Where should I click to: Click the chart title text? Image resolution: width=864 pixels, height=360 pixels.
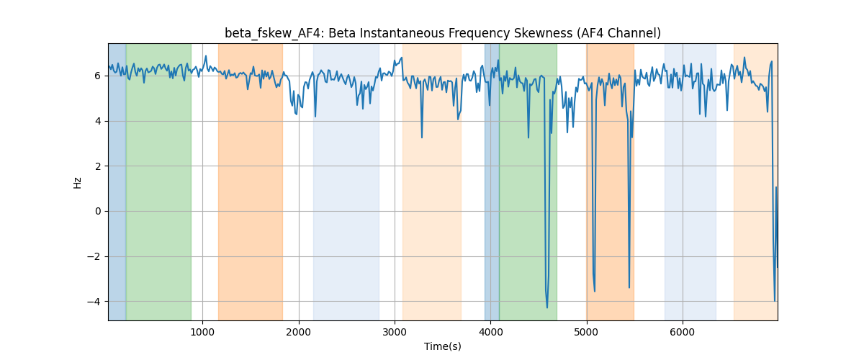click(443, 33)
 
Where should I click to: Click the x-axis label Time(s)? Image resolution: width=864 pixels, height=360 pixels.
click(443, 346)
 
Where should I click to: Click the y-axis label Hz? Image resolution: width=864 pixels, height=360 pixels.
click(77, 183)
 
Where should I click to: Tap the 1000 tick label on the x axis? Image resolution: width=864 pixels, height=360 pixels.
click(202, 332)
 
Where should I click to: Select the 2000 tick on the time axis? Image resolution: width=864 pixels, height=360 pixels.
click(299, 332)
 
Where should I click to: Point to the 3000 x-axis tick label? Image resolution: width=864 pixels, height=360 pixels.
click(395, 332)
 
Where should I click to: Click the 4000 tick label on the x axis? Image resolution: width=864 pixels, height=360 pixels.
click(490, 332)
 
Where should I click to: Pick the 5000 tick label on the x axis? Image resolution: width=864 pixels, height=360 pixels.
click(587, 332)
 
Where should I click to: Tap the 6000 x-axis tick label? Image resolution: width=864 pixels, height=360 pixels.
click(683, 332)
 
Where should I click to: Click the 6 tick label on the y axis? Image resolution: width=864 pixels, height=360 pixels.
click(98, 76)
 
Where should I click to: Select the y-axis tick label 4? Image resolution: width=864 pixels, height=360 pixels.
click(98, 121)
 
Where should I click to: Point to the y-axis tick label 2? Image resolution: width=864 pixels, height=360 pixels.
click(98, 166)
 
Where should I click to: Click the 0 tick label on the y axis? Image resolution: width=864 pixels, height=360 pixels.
click(98, 212)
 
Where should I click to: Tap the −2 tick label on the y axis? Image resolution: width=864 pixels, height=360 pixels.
click(94, 256)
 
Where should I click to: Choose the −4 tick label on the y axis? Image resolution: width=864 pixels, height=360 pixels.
click(94, 302)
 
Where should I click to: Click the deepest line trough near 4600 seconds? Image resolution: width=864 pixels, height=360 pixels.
click(547, 307)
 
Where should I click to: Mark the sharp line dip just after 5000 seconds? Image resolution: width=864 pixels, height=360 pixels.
click(595, 292)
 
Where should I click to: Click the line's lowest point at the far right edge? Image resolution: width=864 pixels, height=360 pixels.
click(775, 300)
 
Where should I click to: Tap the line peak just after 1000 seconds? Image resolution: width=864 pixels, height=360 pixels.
click(206, 56)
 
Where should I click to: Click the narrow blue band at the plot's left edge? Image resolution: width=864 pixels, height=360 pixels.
click(117, 181)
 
